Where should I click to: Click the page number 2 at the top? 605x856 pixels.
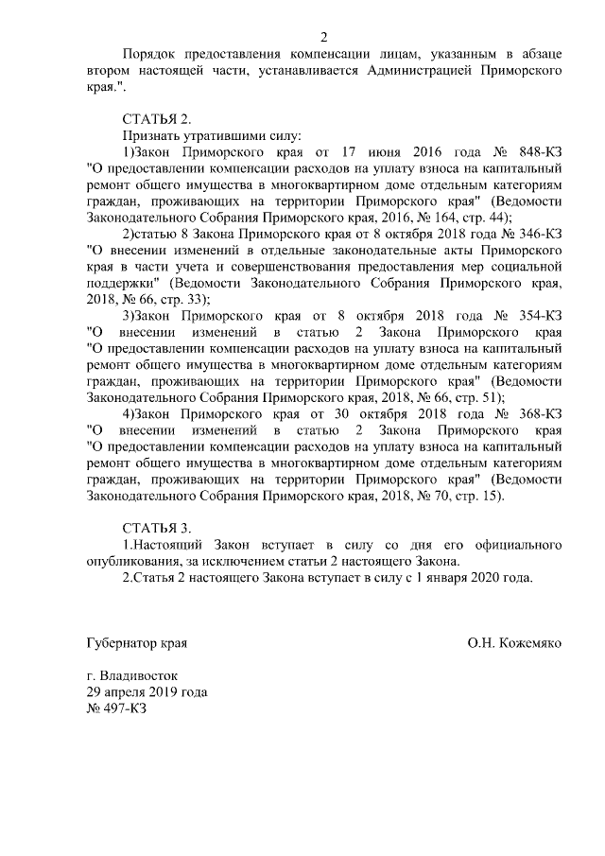click(323, 38)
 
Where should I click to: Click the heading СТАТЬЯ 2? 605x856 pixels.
click(157, 119)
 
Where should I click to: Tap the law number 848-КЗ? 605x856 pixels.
click(534, 152)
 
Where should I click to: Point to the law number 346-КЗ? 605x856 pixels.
click(536, 234)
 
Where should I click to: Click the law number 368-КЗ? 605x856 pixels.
click(534, 413)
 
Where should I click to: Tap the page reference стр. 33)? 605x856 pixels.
click(197, 299)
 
